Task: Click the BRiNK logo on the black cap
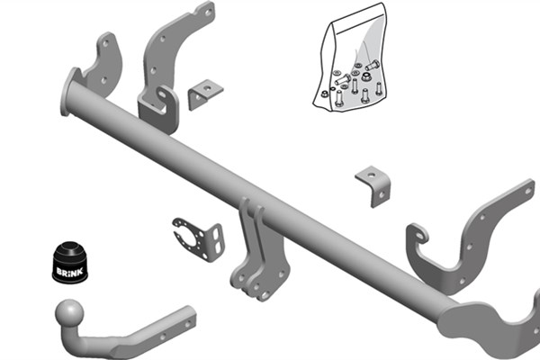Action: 70,272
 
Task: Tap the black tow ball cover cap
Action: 70,262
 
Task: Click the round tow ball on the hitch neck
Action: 69,313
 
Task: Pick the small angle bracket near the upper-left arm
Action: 205,94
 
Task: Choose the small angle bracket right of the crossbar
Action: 374,186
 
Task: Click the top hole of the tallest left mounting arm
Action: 208,12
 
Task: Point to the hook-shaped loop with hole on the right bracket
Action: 418,234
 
